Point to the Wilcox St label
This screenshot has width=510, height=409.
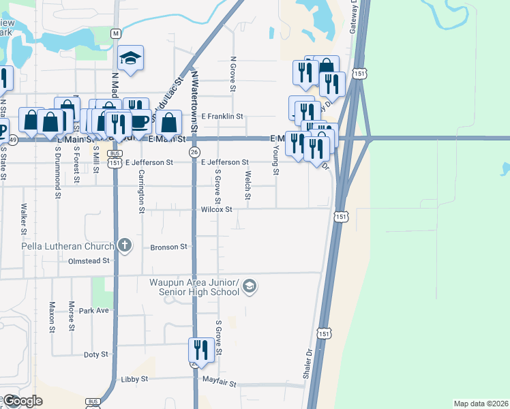[217, 210]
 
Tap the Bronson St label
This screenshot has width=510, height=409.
[168, 247]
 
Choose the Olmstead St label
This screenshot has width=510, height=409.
[89, 261]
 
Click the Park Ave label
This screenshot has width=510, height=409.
[94, 310]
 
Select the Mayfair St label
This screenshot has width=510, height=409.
[218, 384]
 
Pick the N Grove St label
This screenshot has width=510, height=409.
[233, 74]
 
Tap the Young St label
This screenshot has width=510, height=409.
[276, 162]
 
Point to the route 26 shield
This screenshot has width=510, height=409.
[194, 151]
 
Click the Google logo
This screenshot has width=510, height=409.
[22, 401]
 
